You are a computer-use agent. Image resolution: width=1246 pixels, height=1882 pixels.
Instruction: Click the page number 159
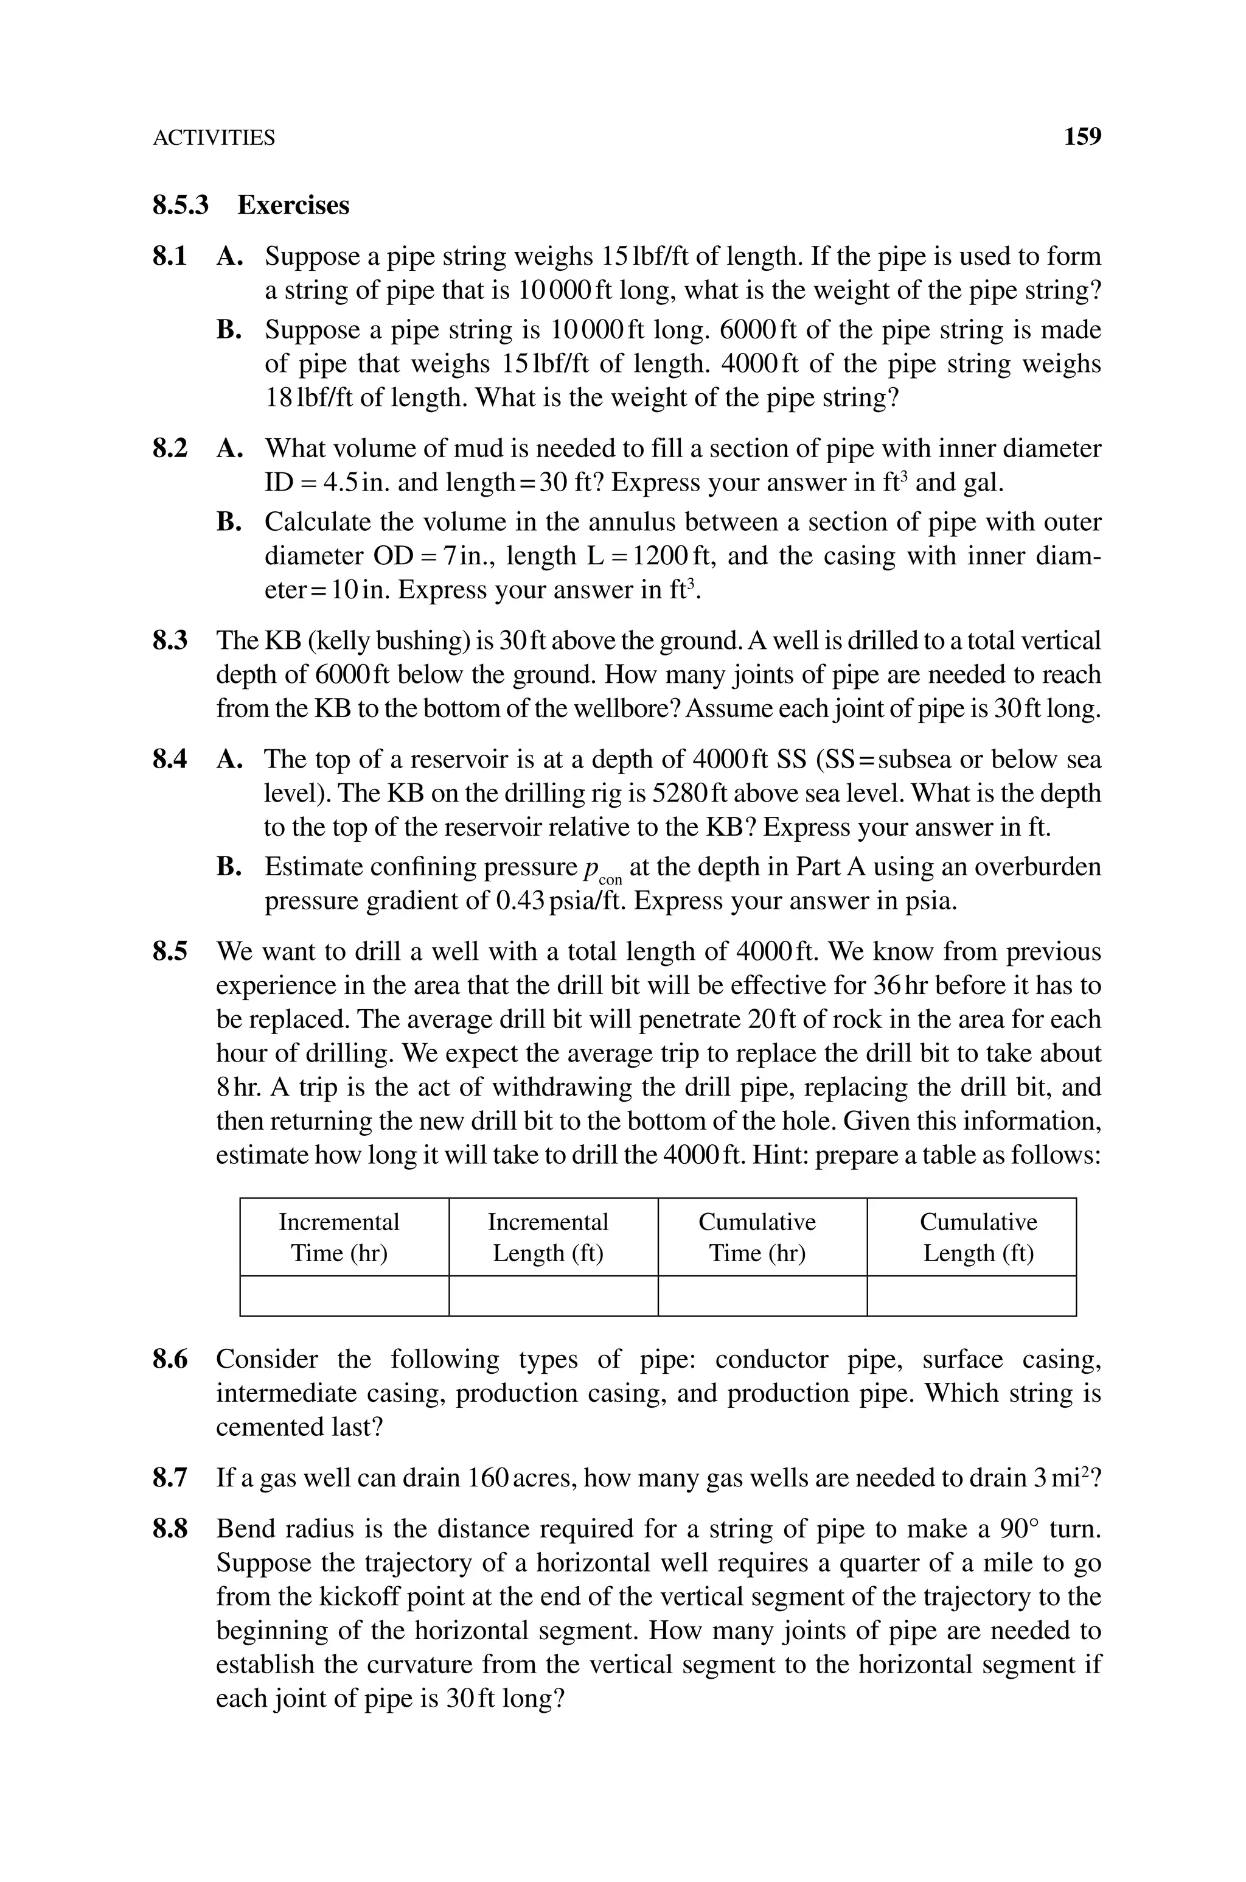[1082, 137]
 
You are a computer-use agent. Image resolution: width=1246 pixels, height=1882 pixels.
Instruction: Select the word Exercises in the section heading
[293, 205]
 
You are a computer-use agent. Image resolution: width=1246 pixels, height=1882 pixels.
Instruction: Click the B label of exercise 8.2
[228, 522]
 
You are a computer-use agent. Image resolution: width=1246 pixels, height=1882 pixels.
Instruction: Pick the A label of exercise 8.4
[228, 760]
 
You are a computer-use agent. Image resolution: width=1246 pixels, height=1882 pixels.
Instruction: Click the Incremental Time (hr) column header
[339, 1237]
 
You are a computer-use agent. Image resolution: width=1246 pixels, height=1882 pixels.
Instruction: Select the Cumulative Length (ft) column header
[978, 1237]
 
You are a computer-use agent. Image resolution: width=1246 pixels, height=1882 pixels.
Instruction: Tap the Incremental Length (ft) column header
[548, 1237]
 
